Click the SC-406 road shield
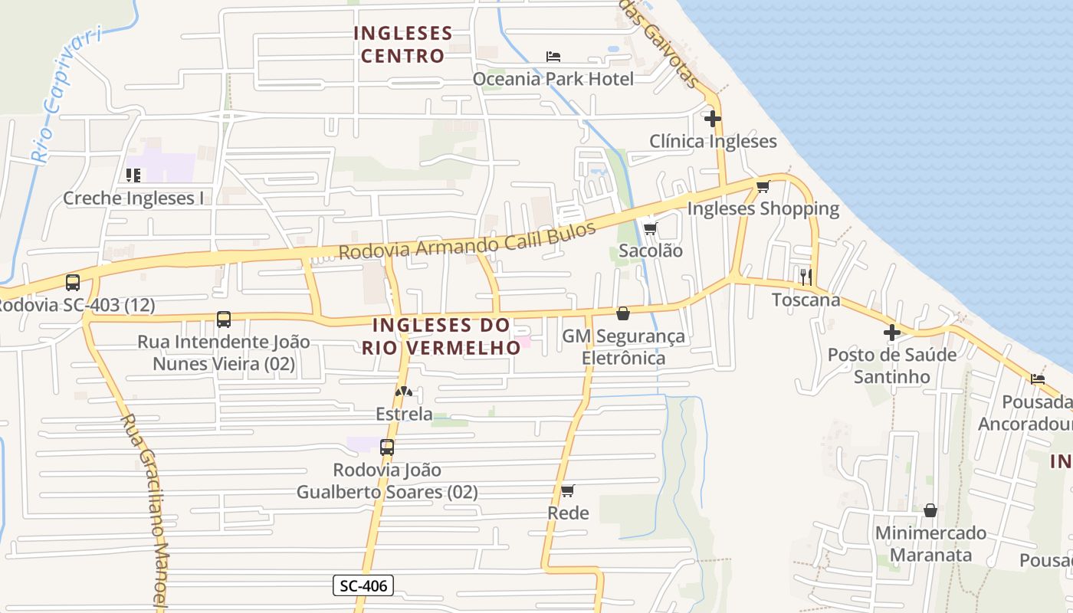[x=364, y=586]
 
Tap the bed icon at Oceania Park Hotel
[x=553, y=56]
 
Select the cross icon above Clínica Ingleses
[x=713, y=119]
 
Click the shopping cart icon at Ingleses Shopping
[x=763, y=186]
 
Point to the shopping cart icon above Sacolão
[x=651, y=228]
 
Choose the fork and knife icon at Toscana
[x=806, y=277]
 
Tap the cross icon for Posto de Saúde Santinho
[x=892, y=333]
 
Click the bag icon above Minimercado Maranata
[x=930, y=510]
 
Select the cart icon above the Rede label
[x=567, y=490]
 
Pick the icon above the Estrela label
[x=404, y=392]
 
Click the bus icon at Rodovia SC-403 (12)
[x=73, y=283]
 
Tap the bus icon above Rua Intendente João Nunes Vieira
[x=224, y=320]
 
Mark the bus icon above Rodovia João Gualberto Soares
[x=387, y=447]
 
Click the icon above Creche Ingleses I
[x=133, y=175]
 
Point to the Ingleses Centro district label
[x=403, y=44]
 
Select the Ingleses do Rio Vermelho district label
[x=441, y=336]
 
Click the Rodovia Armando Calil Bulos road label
[x=467, y=241]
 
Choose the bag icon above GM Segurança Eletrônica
[x=623, y=313]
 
